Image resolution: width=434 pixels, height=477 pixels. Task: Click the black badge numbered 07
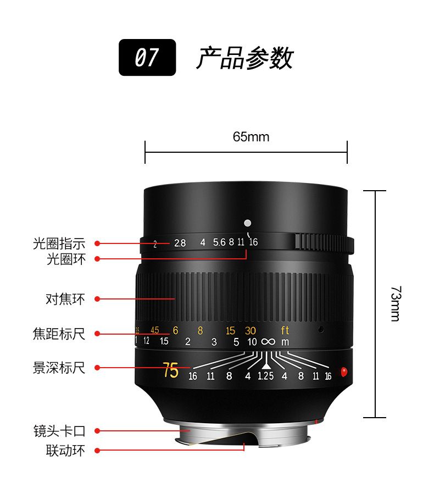[x=147, y=58]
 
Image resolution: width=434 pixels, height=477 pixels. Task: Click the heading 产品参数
[x=244, y=58]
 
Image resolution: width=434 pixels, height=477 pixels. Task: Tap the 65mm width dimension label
[x=251, y=137]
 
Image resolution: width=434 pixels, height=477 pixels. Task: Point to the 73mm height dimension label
[x=396, y=303]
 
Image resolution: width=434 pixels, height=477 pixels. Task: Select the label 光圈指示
[x=59, y=243]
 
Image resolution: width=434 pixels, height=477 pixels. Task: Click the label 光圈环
[x=66, y=259]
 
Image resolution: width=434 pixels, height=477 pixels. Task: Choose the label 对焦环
[x=65, y=299]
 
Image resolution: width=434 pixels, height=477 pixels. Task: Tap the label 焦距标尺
[x=59, y=334]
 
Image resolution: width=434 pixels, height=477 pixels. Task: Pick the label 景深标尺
[x=59, y=368]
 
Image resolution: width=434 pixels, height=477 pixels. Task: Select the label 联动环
[x=66, y=451]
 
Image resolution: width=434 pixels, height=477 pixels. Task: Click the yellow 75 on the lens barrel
[x=171, y=370]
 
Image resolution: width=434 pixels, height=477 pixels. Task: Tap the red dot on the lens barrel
[x=344, y=371]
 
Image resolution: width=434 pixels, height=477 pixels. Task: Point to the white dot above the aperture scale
[x=248, y=223]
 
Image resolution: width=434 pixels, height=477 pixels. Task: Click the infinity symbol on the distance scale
[x=268, y=342]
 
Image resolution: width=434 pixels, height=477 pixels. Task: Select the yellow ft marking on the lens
[x=285, y=330]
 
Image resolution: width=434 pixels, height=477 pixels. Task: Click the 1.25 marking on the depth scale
[x=265, y=376]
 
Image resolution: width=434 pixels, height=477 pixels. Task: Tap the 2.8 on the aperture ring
[x=180, y=243]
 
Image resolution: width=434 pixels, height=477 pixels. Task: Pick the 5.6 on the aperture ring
[x=219, y=242]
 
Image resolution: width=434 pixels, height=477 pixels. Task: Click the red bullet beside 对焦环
[x=97, y=299]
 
